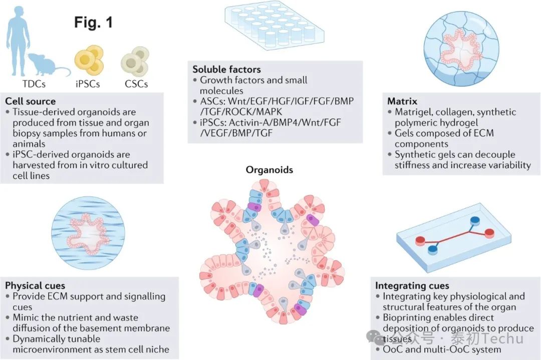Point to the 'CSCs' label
(x=136, y=84)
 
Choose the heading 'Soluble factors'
(x=227, y=69)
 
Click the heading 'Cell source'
(x=30, y=101)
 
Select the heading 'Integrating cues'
(x=412, y=286)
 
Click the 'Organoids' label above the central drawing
(x=269, y=170)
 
